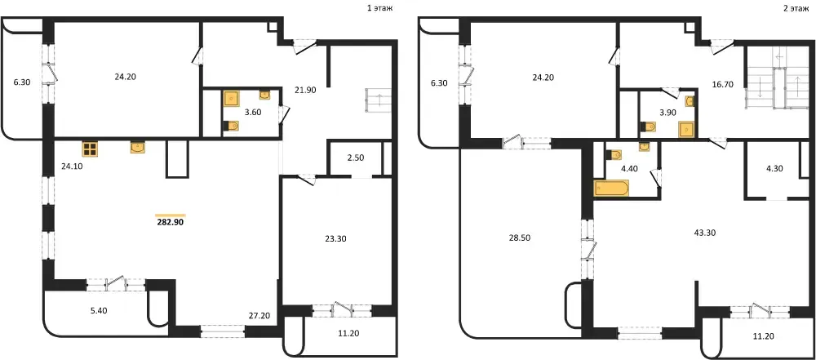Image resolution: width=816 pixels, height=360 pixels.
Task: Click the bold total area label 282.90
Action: (x=171, y=221)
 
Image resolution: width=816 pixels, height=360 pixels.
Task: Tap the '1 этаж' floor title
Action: (x=379, y=8)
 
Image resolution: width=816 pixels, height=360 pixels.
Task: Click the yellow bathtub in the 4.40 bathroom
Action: (x=611, y=188)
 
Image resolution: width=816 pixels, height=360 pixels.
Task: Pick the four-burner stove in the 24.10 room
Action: (x=90, y=149)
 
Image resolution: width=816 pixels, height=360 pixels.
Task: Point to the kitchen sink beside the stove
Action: (x=137, y=148)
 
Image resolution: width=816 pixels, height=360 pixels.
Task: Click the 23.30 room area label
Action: (x=335, y=239)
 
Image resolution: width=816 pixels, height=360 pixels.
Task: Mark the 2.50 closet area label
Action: (x=355, y=158)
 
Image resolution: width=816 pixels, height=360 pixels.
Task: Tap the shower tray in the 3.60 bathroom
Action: (x=231, y=99)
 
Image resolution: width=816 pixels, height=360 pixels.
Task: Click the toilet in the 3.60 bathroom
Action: (x=231, y=126)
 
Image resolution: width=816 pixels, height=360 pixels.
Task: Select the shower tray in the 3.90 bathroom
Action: (x=687, y=127)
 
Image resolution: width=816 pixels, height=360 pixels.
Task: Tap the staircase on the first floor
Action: (x=379, y=100)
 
